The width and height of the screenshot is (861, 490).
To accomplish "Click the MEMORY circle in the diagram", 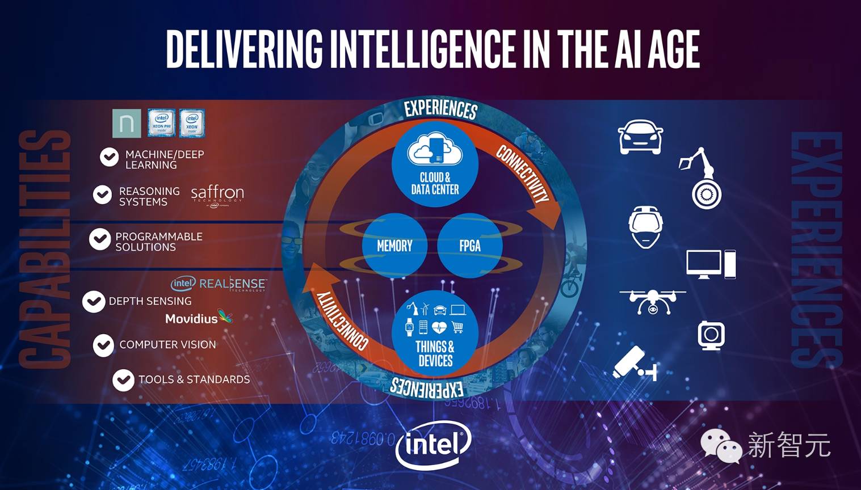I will (x=394, y=246).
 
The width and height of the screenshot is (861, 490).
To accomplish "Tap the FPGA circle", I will (x=469, y=246).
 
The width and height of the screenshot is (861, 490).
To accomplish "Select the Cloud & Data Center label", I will (x=435, y=183).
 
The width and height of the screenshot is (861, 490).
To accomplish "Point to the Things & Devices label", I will (x=435, y=353).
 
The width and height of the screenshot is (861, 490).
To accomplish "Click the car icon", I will (x=640, y=137).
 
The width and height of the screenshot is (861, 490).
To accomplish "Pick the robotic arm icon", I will (x=700, y=178).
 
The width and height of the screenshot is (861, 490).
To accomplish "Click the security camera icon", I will (x=635, y=364).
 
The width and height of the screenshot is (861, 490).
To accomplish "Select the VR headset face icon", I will (x=645, y=226).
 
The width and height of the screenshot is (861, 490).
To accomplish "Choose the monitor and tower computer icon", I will (x=711, y=264).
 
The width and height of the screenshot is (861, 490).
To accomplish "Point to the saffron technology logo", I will (x=217, y=195).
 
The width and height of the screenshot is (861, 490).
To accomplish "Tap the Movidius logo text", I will (x=191, y=319).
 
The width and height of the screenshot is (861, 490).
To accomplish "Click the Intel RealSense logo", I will (x=219, y=284).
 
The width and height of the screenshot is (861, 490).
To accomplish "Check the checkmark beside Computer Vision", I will (x=103, y=345).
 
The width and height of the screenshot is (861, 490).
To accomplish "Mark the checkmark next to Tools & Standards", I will (x=123, y=380).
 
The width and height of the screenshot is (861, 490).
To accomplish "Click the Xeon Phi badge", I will (x=161, y=123).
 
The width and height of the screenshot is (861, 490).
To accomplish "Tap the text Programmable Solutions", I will (x=158, y=242).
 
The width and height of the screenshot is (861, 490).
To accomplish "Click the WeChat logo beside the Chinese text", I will (x=720, y=446).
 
